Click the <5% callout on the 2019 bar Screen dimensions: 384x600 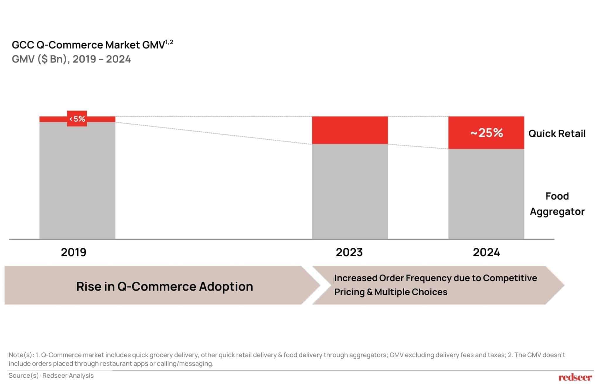tap(77, 119)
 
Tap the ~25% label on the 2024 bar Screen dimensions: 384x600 tap(487, 133)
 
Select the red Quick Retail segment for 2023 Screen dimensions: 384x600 tap(350, 130)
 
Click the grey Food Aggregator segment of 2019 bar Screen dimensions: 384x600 tap(77, 180)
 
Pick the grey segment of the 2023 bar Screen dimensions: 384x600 tap(350, 191)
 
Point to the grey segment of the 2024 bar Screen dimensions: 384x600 tap(486, 194)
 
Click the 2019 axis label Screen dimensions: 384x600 tap(74, 252)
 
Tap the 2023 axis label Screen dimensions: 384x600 tap(349, 252)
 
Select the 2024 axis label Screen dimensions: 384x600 tap(486, 252)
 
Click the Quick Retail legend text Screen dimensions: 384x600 tap(557, 134)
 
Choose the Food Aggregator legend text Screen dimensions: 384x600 tap(557, 204)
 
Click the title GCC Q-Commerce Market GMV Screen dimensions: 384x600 tap(88, 45)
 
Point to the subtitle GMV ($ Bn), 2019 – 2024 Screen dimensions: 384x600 tap(71, 59)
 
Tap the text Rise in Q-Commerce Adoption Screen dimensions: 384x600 tap(165, 286)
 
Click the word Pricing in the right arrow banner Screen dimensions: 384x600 tap(349, 292)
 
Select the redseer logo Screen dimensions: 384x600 tap(575, 377)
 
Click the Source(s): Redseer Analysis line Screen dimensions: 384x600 tap(51, 376)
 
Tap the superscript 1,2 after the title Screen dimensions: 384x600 tap(169, 42)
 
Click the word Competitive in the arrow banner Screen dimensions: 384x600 tap(510, 278)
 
